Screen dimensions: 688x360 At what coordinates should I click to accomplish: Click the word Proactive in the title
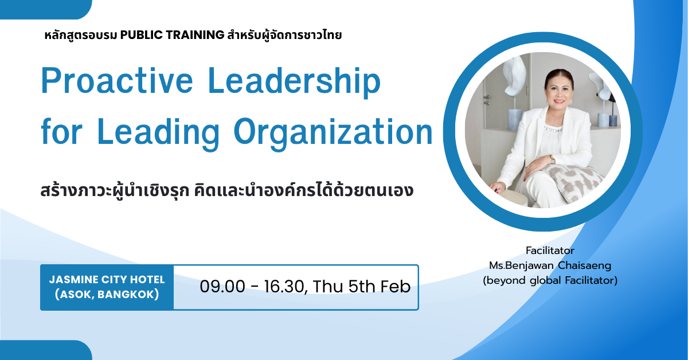(x=117, y=81)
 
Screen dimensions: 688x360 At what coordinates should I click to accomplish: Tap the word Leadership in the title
(x=294, y=81)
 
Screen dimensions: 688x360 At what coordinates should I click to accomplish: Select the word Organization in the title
(x=333, y=132)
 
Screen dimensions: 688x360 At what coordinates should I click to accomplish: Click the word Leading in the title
(x=158, y=132)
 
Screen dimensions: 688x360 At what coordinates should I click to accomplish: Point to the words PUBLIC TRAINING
(x=172, y=35)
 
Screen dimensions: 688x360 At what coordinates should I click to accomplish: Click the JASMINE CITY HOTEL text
(x=107, y=280)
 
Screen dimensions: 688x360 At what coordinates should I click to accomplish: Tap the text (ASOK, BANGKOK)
(x=107, y=294)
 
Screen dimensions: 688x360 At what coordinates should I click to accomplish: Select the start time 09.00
(x=222, y=287)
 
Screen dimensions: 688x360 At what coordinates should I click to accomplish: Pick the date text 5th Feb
(x=379, y=286)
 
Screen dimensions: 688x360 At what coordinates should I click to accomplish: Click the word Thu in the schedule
(x=328, y=286)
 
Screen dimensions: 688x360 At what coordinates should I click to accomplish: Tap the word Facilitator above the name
(x=550, y=251)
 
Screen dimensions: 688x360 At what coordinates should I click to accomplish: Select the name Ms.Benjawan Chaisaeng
(x=550, y=265)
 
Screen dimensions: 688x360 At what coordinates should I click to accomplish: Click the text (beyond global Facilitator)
(x=550, y=280)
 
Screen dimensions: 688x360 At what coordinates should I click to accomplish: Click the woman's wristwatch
(x=552, y=159)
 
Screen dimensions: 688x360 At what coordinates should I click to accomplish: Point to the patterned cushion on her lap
(x=570, y=181)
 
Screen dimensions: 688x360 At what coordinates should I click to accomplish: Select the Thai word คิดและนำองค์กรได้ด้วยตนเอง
(x=304, y=190)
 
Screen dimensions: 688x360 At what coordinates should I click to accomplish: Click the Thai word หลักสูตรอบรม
(x=81, y=36)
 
